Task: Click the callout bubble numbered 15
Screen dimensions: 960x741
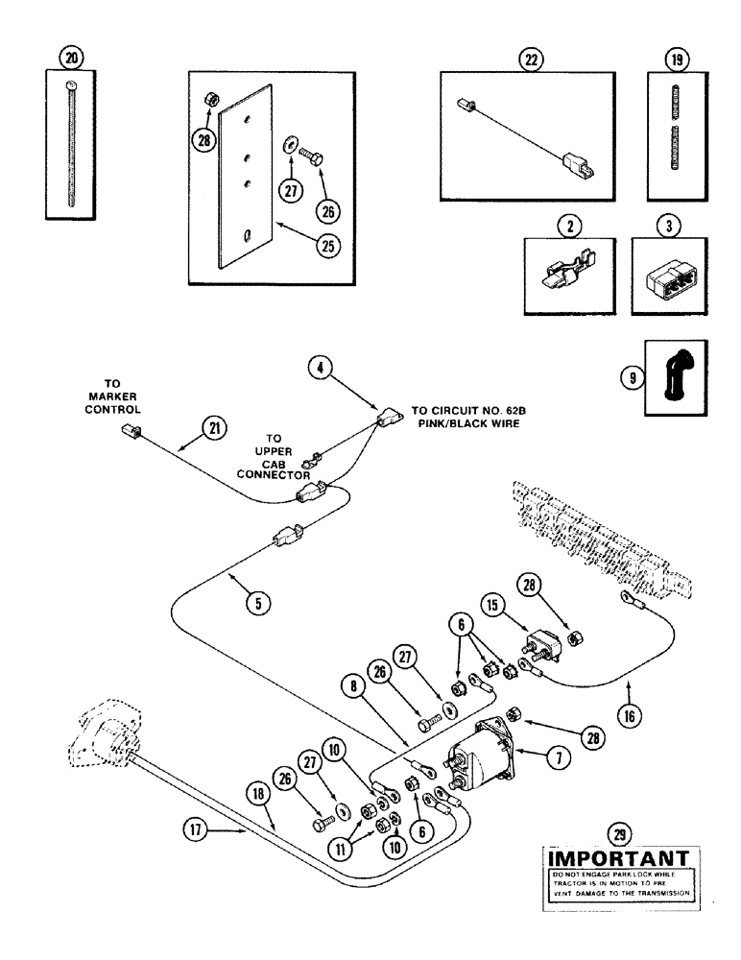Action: coord(518,607)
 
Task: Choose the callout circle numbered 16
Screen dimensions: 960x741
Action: coord(629,715)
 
